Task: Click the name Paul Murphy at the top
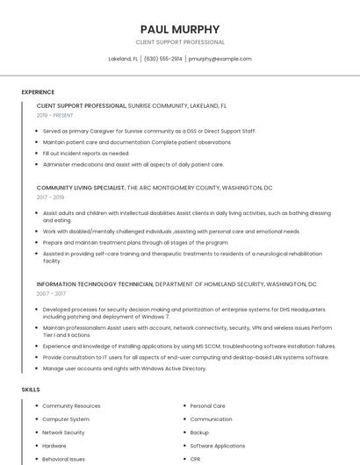coord(180,29)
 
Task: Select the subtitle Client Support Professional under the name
coord(180,42)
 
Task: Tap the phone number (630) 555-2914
coord(163,59)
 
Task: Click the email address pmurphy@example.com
coord(220,59)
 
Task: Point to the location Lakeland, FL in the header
coord(123,59)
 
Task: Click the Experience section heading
coord(38,91)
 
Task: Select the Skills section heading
coord(31,389)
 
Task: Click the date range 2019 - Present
coord(55,115)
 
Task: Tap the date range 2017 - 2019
coord(51,197)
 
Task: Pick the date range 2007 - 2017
coord(51,294)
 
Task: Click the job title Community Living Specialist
coord(81,188)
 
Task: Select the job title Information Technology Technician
coord(95,284)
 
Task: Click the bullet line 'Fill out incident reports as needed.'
coord(86,153)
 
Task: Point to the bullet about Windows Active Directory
coord(125,368)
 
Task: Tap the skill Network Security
coord(63,433)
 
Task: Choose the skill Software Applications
coord(218,446)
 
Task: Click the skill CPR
coord(196,459)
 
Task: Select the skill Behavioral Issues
coord(64,459)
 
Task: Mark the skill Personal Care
coord(208,406)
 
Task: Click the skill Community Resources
coord(71,406)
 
